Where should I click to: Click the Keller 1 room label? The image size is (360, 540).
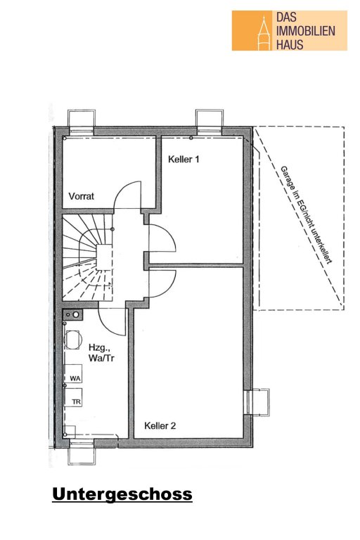point(184,159)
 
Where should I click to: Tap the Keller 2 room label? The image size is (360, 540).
point(160,425)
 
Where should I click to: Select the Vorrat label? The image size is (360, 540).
point(82,196)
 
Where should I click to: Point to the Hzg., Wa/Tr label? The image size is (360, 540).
point(101,352)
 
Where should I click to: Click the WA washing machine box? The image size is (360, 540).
point(73,373)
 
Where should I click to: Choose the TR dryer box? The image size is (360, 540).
point(73,397)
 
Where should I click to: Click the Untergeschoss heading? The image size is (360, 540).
point(122,494)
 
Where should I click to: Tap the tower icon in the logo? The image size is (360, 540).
point(264,32)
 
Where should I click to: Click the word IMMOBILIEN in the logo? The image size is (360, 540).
point(306,31)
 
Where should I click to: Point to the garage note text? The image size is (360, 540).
point(306,215)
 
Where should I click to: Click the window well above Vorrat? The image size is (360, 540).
point(82,122)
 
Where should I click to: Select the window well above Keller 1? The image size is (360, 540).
point(210,121)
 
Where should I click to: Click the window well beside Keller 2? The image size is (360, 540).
point(257,402)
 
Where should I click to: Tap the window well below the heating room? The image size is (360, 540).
point(82,452)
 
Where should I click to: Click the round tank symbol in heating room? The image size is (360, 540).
point(72,340)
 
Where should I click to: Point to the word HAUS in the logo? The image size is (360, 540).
point(290,44)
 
